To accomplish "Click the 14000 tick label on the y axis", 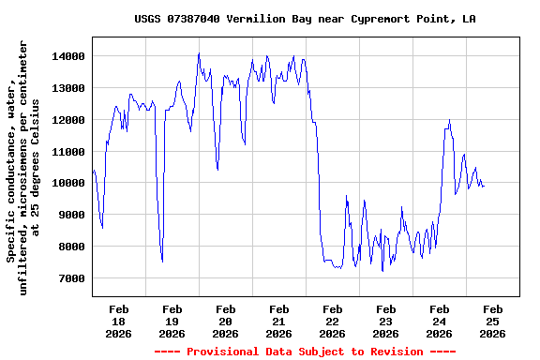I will (69, 56).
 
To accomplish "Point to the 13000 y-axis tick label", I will (69, 88).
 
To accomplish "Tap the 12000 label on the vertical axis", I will (69, 120).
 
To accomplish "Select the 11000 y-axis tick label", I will (69, 152).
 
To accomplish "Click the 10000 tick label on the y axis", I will (69, 184).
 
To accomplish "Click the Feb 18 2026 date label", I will (118, 321).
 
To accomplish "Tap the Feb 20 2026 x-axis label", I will (225, 321).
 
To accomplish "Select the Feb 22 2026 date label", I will (332, 321).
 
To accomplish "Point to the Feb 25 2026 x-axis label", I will (492, 321).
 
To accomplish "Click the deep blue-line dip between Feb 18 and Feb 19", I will (162, 261).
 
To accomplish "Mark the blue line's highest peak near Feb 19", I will (199, 53).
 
